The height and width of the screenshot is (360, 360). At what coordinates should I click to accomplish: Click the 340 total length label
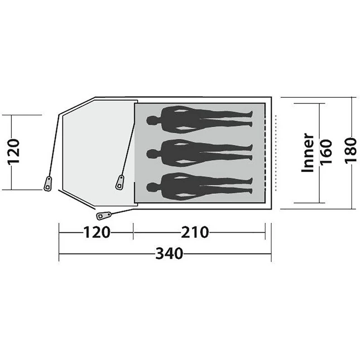[169, 254]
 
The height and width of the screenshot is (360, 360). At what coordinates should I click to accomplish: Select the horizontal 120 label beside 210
[96, 232]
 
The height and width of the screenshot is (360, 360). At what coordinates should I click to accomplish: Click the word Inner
[308, 153]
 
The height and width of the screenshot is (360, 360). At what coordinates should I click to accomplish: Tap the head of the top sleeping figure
[153, 120]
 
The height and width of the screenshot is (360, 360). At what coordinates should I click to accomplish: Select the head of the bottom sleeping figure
[153, 186]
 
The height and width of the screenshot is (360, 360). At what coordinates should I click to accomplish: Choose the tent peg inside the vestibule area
[120, 182]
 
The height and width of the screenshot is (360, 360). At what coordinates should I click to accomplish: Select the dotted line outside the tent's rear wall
[276, 153]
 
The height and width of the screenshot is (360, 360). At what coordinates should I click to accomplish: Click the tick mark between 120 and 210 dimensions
[134, 232]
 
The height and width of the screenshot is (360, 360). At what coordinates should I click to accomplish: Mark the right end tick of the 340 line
[271, 254]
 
